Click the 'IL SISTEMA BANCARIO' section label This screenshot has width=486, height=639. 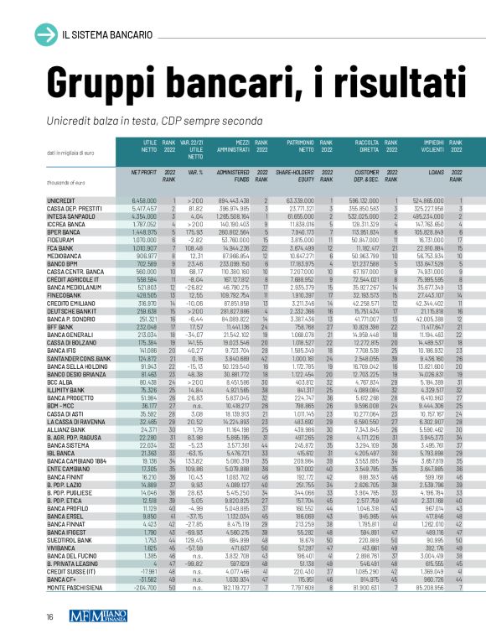[x=106, y=34]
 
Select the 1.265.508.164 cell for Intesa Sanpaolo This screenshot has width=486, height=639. [x=227, y=216]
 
